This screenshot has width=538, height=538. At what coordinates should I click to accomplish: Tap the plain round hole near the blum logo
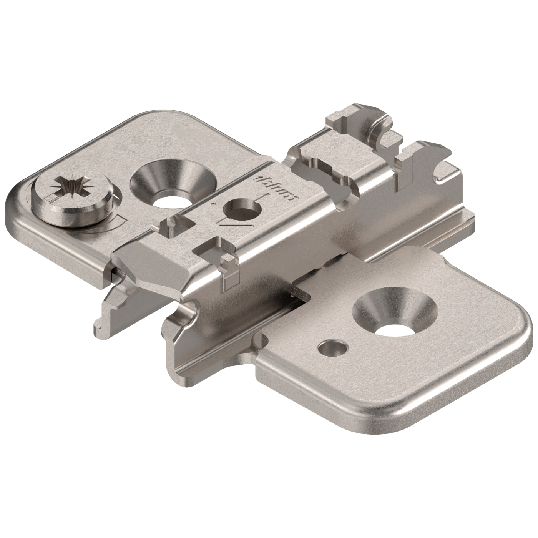tap(241, 211)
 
